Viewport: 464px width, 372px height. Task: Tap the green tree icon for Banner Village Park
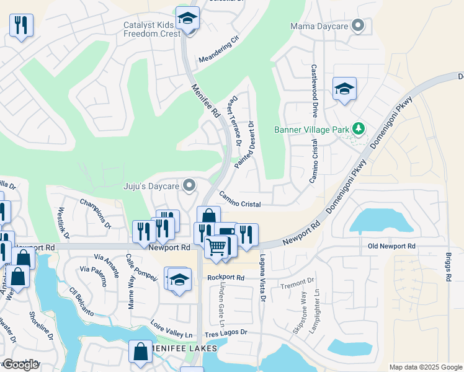point(358,129)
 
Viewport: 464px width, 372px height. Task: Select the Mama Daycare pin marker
point(357,26)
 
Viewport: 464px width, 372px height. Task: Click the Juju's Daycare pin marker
point(190,185)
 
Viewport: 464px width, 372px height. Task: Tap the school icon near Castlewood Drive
point(344,89)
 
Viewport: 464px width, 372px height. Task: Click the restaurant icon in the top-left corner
point(21,25)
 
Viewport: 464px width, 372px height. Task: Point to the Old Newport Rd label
point(391,246)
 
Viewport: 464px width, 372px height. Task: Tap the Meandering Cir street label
point(218,50)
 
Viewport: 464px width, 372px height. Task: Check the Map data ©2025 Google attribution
point(425,367)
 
